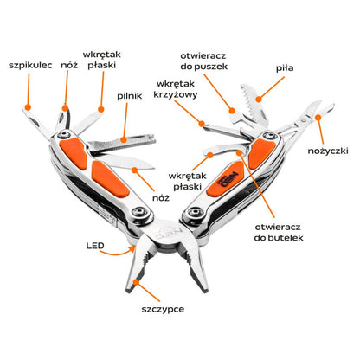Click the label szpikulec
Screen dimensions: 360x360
click(30, 66)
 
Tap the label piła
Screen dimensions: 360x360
click(285, 68)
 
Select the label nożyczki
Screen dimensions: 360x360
click(328, 151)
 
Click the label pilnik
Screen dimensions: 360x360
click(130, 96)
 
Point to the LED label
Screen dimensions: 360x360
click(95, 246)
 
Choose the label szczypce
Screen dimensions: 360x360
click(163, 310)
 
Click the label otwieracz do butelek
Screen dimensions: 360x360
click(279, 232)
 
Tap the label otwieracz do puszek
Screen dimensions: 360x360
click(204, 61)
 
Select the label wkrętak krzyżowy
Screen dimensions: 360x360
click(176, 89)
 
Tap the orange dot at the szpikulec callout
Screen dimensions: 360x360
click(28, 107)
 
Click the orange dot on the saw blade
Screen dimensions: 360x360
click(259, 100)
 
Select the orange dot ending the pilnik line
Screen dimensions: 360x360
click(124, 140)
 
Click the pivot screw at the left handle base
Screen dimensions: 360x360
click(140, 212)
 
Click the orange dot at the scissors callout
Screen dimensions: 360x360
click(318, 118)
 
